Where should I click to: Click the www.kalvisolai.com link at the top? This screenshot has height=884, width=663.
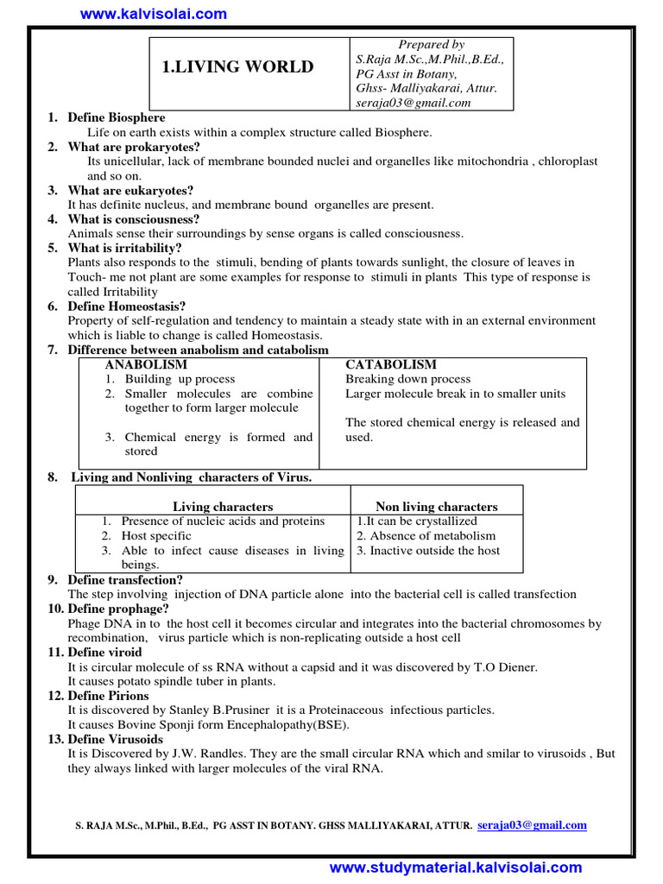(154, 13)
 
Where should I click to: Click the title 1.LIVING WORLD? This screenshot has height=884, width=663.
(238, 67)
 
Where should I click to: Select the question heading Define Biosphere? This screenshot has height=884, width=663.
(117, 117)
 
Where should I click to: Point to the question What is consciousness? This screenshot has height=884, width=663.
(134, 219)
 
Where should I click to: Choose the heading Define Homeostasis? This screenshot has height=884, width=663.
(127, 306)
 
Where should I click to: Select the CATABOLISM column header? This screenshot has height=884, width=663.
(391, 365)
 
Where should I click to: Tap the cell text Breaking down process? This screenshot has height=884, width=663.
(408, 379)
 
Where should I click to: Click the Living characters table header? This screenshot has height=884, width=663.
(223, 507)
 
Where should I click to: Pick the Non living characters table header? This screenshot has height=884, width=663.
(437, 507)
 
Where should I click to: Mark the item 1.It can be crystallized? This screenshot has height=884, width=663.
(417, 521)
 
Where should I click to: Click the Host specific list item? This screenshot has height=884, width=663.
(156, 536)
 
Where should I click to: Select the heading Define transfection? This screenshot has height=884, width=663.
(125, 580)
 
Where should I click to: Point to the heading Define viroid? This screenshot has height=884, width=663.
(105, 653)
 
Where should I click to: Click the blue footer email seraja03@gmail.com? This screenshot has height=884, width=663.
(532, 825)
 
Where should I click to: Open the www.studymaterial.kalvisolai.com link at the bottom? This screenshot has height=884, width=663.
(456, 868)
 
